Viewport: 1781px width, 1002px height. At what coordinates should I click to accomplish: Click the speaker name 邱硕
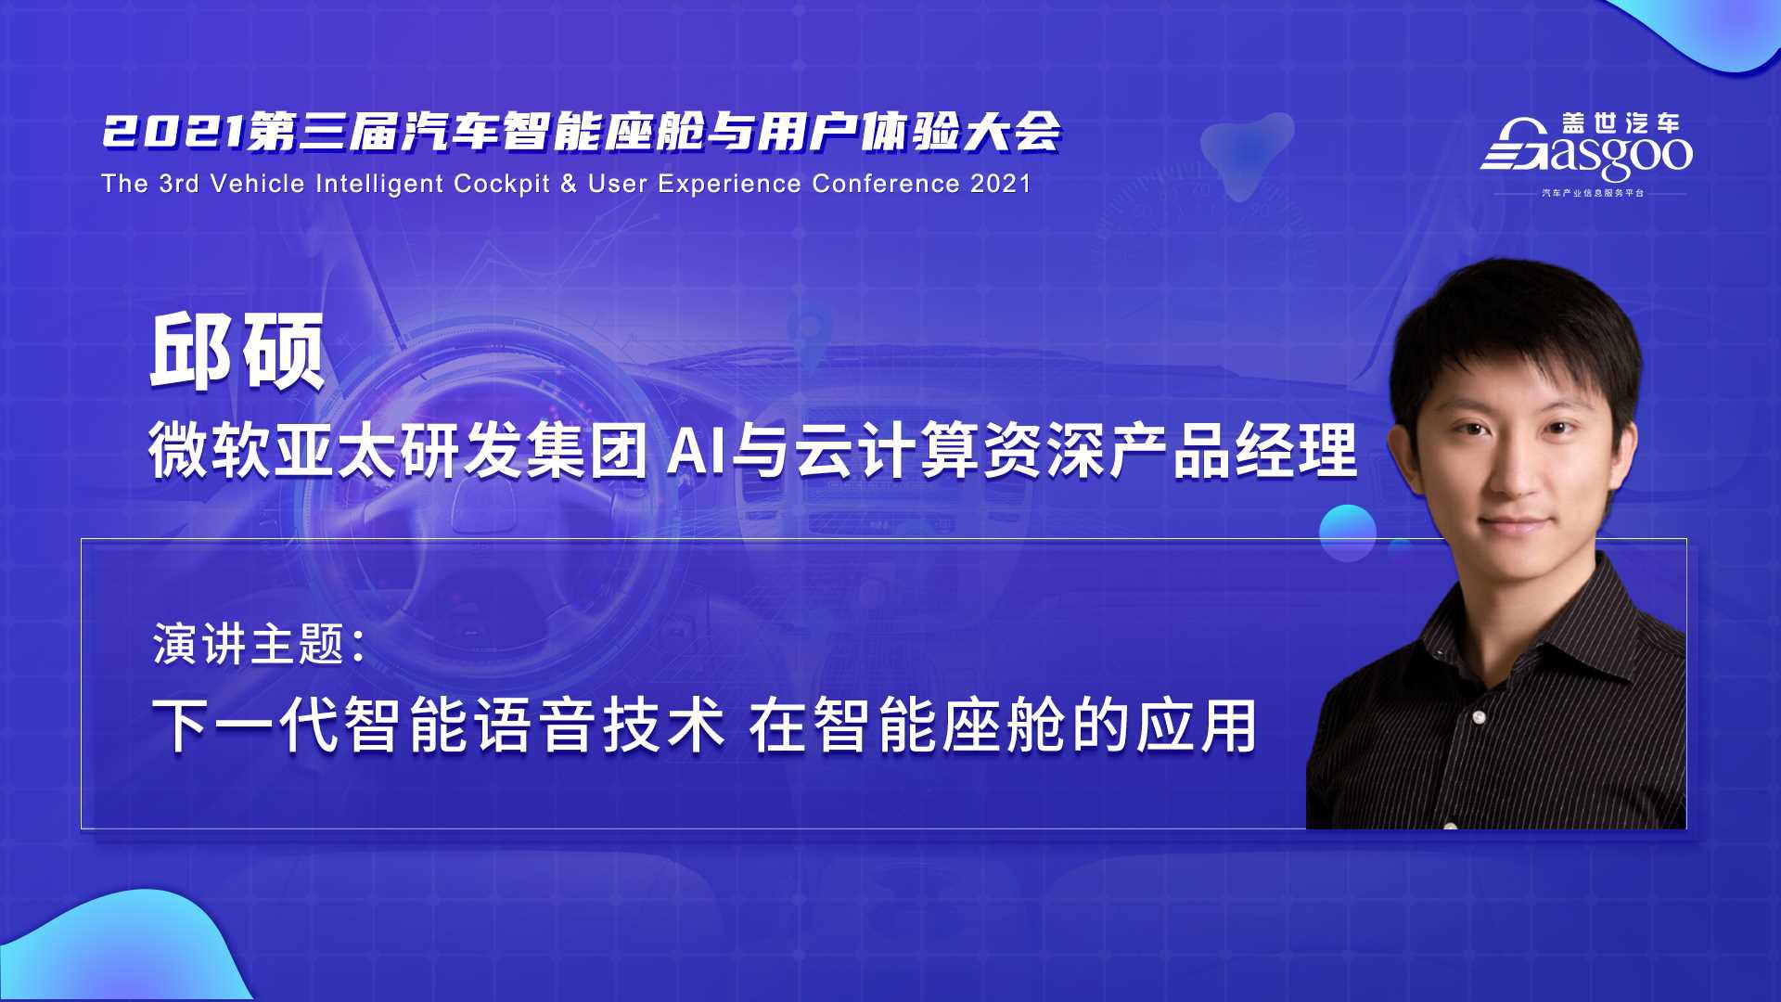tap(237, 353)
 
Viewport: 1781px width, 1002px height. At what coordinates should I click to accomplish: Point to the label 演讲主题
tap(249, 643)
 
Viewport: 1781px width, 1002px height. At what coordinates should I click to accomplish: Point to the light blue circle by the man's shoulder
tap(1347, 533)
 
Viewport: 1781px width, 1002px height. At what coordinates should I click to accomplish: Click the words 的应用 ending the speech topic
tap(1165, 726)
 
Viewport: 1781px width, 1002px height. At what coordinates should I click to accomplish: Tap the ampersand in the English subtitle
tap(569, 184)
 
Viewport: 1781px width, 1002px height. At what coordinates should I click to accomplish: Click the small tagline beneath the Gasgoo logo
tap(1593, 193)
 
